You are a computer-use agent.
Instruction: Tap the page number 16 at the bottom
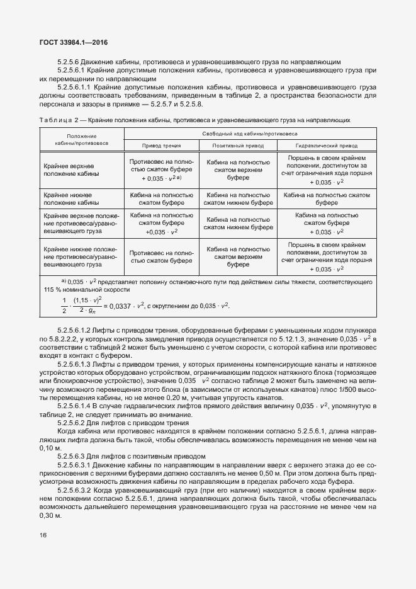[42, 535]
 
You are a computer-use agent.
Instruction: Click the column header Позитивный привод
[237, 145]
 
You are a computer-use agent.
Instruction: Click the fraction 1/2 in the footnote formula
[64, 306]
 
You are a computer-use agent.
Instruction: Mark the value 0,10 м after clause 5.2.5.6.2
[48, 448]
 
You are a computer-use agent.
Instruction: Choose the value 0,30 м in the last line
[48, 515]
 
